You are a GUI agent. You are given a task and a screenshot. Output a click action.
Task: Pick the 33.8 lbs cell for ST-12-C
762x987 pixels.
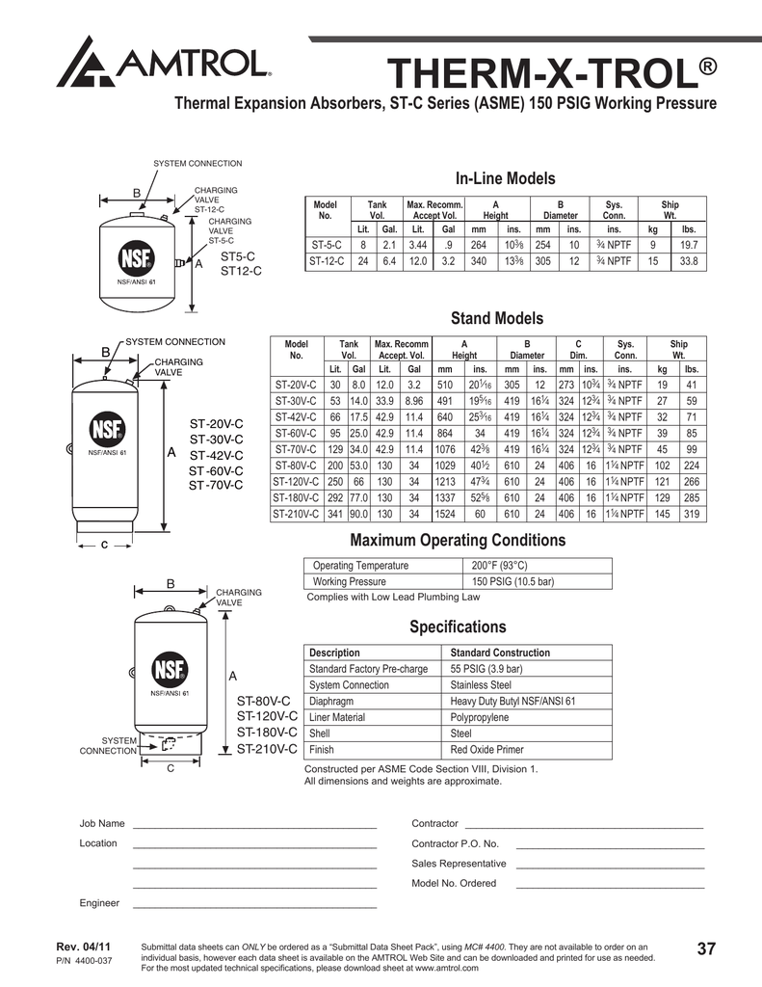click(x=688, y=261)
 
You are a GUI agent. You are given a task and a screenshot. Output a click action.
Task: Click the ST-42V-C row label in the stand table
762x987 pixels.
click(x=296, y=416)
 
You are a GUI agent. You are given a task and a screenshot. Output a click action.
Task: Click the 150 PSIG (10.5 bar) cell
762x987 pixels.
click(x=512, y=582)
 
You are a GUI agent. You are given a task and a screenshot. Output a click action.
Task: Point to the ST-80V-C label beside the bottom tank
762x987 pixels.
click(x=263, y=699)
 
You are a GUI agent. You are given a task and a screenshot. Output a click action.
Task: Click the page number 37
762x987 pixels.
click(x=706, y=949)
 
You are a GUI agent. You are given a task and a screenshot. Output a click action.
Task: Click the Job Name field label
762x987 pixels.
click(x=102, y=823)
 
